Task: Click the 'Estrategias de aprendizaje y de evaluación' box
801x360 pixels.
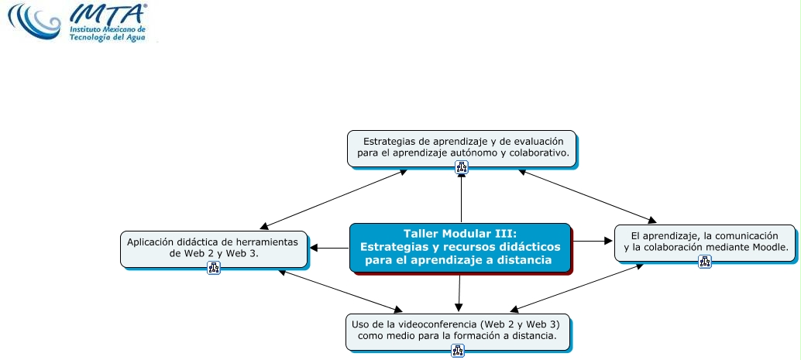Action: point(462,147)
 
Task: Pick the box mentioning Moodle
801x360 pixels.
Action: point(705,242)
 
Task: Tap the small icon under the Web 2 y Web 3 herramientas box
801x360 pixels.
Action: point(214,269)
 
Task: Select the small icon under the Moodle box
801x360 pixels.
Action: point(705,262)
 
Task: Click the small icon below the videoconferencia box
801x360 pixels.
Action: point(458,351)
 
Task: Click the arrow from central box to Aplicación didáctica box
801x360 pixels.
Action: point(329,248)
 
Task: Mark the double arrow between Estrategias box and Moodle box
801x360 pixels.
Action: point(589,197)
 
